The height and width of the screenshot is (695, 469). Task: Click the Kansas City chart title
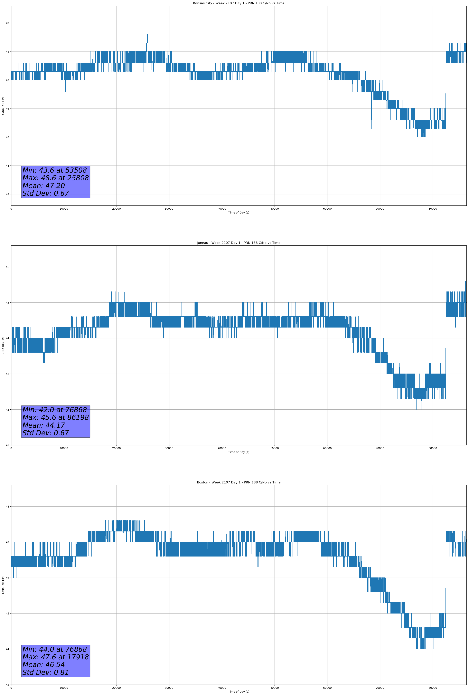tap(239, 3)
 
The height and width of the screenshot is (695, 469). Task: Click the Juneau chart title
tap(239, 243)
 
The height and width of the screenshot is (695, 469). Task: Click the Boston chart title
tap(239, 482)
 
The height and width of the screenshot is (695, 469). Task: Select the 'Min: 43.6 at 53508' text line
tap(55, 170)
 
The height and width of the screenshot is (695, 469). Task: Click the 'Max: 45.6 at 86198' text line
tap(56, 417)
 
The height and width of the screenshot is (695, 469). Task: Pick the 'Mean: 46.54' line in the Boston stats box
tap(44, 664)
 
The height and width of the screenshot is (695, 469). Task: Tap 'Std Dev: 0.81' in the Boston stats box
tap(46, 672)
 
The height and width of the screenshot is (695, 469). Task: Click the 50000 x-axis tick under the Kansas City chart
tap(274, 209)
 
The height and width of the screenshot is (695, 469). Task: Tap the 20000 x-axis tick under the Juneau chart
tap(117, 448)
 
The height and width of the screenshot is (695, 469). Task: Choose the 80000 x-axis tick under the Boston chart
tap(433, 688)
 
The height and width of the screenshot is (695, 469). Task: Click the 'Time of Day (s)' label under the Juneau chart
tap(239, 452)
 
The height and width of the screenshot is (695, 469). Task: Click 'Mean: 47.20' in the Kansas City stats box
tap(44, 186)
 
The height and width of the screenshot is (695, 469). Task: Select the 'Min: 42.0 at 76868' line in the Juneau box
tap(55, 410)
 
